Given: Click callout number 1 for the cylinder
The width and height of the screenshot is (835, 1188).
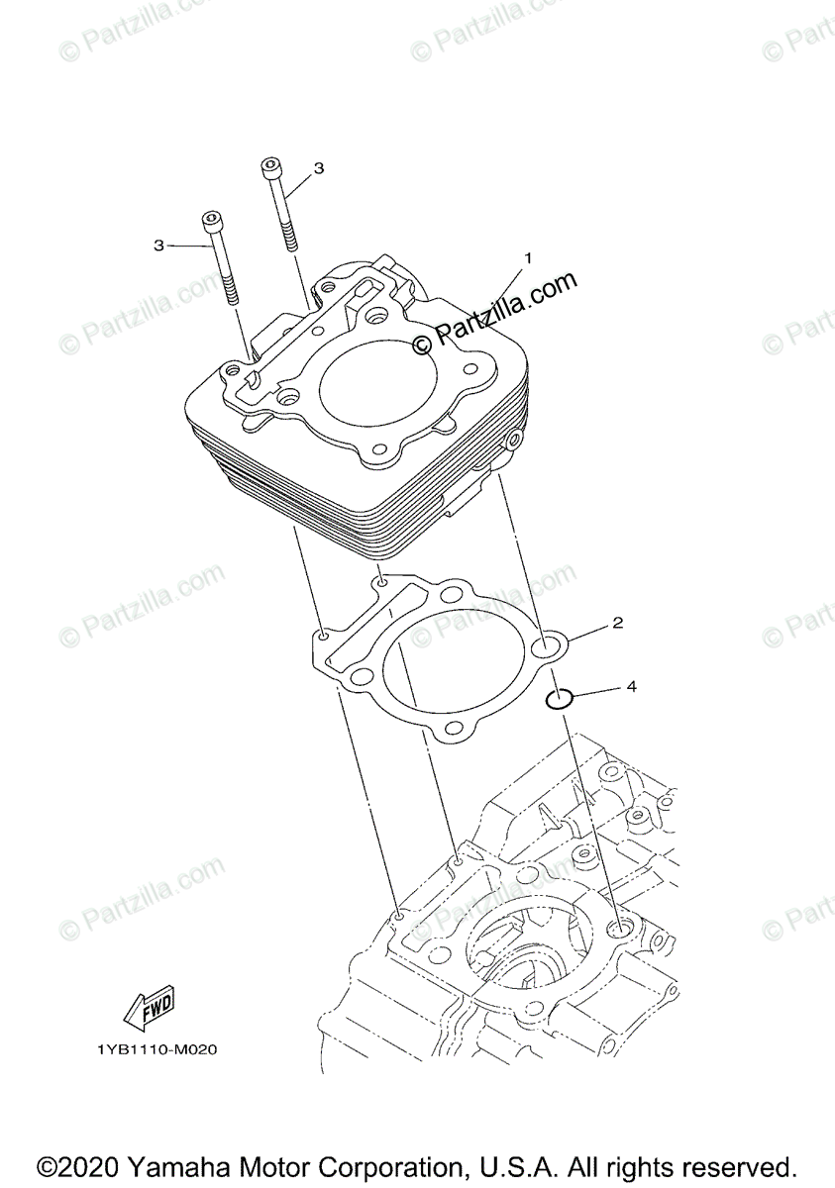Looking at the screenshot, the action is click(x=528, y=257).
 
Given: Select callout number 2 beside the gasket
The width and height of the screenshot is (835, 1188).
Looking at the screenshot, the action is click(x=616, y=623).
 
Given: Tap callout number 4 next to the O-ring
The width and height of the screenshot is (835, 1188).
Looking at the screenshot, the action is click(x=631, y=684).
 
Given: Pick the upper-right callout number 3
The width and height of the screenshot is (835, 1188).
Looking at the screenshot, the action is click(x=318, y=169).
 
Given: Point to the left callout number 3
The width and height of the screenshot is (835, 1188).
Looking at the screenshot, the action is click(x=158, y=245).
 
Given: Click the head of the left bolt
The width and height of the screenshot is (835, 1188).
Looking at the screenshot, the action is click(x=212, y=219).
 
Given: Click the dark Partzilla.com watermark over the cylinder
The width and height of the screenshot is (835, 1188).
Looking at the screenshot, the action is click(x=494, y=313).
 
